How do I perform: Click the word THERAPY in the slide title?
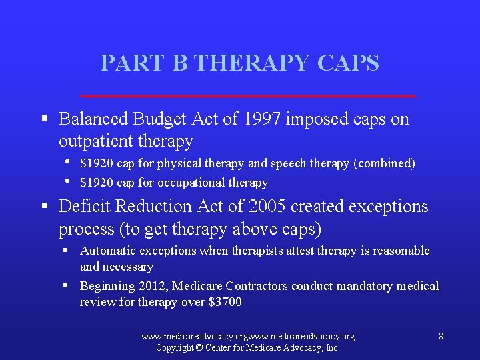(254, 63)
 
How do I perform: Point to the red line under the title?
(247, 96)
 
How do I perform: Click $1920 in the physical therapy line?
(94, 163)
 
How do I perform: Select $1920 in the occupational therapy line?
(94, 183)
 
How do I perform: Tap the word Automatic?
(104, 251)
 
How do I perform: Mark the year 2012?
(154, 286)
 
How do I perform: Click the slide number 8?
(441, 337)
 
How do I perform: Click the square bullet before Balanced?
(44, 120)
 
